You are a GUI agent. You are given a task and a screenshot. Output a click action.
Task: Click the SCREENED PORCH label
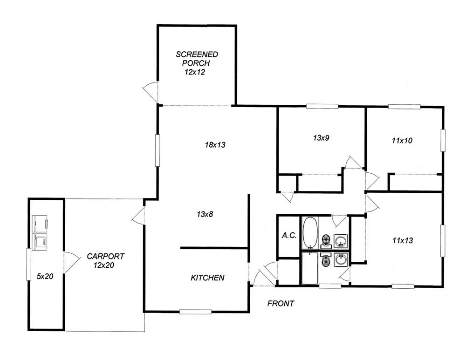coord(197,59)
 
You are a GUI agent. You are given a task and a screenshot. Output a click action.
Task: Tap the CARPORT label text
coord(105,256)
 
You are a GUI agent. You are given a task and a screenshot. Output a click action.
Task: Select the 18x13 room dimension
coord(215,145)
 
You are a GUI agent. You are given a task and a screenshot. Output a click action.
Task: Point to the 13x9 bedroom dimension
coord(321,138)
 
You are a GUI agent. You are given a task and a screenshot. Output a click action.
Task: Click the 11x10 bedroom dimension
coord(402,141)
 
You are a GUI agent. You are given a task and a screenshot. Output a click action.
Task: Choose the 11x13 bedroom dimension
coord(403,240)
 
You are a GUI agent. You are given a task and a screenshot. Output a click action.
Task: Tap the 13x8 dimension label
coord(205,214)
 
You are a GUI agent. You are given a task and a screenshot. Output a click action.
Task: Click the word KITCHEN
coord(207,278)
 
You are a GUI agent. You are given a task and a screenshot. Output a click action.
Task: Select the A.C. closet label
coord(289,236)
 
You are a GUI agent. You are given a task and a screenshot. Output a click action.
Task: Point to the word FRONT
coord(281,304)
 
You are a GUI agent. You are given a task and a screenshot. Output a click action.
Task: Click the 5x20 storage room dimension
coord(45,276)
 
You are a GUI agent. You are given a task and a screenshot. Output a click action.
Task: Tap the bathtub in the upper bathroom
coord(310,233)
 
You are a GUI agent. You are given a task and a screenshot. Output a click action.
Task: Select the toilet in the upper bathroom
coord(326,241)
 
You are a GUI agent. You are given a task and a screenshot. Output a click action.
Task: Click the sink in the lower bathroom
coord(341,260)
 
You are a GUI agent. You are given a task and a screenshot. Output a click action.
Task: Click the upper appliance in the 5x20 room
coord(40,224)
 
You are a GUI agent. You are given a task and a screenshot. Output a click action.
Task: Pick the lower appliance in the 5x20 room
coord(40,242)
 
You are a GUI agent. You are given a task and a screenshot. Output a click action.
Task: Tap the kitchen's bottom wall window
coord(195,312)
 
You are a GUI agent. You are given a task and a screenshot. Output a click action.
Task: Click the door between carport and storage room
coord(71,262)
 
